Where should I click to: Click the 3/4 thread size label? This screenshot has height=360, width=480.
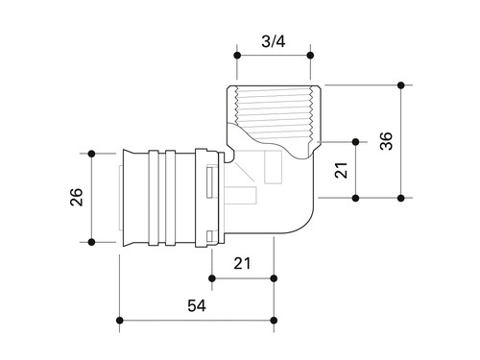(274, 41)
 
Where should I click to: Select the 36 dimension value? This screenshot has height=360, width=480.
(386, 141)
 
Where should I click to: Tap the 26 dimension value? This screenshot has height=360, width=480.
(77, 197)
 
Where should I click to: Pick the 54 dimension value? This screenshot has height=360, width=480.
(197, 305)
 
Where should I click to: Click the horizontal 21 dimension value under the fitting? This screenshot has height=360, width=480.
(242, 263)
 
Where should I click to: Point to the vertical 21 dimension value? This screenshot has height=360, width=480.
(341, 170)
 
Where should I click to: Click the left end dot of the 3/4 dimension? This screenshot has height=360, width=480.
(237, 56)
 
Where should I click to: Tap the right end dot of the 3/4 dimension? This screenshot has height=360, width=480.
(310, 56)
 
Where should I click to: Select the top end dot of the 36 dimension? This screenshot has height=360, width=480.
(401, 85)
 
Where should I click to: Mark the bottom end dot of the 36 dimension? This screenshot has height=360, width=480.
(401, 198)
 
